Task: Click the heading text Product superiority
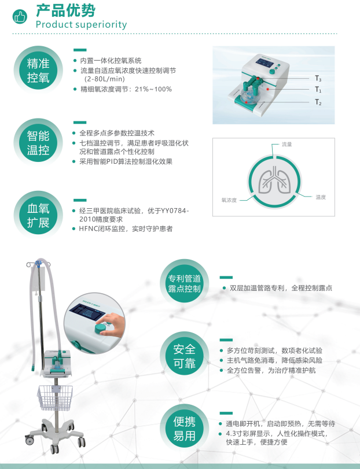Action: (81, 24)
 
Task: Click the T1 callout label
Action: (318, 90)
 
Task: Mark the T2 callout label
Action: (318, 102)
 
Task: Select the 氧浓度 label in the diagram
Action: (229, 200)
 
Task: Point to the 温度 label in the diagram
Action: (321, 197)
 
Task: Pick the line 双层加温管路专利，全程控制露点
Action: (280, 287)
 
